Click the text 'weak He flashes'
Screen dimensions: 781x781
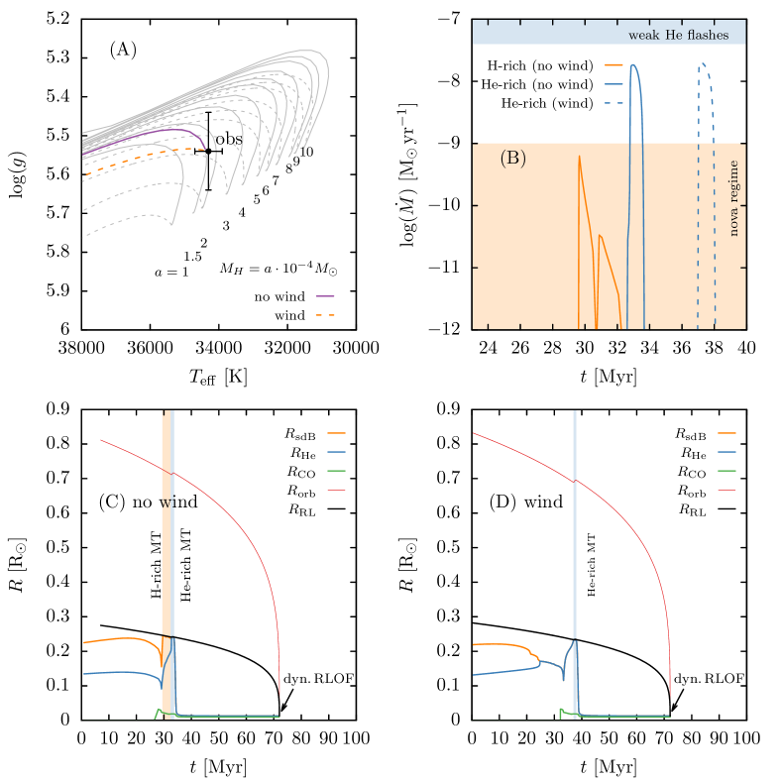pyautogui.click(x=678, y=36)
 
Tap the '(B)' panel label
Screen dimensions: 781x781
pyautogui.click(x=512, y=159)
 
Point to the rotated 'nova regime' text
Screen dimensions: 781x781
pyautogui.click(x=734, y=198)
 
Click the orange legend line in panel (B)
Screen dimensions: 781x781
pyautogui.click(x=614, y=64)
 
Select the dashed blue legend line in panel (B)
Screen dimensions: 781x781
pyautogui.click(x=614, y=102)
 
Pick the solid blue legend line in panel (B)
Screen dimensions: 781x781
pyautogui.click(x=614, y=84)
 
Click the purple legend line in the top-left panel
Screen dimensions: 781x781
pyautogui.click(x=325, y=295)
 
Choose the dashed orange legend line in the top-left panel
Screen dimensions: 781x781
pyautogui.click(x=325, y=314)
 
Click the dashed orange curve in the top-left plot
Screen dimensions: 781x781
pyautogui.click(x=149, y=156)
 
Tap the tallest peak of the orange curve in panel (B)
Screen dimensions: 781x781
pyautogui.click(x=580, y=157)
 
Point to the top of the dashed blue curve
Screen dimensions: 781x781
pyautogui.click(x=703, y=64)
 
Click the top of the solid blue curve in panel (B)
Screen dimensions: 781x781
pyautogui.click(x=633, y=65)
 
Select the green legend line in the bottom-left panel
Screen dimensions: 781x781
pyautogui.click(x=336, y=471)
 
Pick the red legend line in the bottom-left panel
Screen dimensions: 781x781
pyautogui.click(x=336, y=490)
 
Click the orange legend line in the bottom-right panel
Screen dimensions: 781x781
pyautogui.click(x=726, y=433)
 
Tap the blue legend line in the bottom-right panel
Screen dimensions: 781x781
pyautogui.click(x=726, y=452)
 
